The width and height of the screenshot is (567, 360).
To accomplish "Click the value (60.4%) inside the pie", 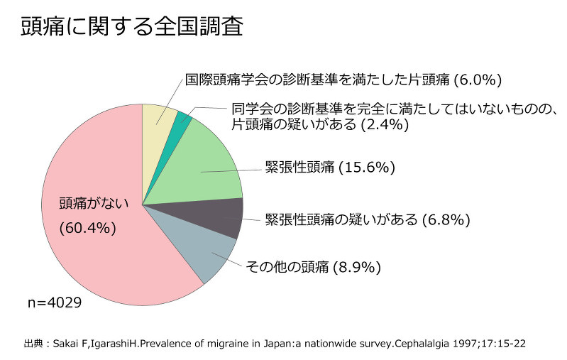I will pyautogui.click(x=87, y=228).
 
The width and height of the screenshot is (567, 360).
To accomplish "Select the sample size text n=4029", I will pyautogui.click(x=54, y=303).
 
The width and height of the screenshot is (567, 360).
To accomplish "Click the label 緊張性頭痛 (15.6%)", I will pyautogui.click(x=329, y=168).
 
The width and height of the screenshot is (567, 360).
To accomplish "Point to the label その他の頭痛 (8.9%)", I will pyautogui.click(x=313, y=268).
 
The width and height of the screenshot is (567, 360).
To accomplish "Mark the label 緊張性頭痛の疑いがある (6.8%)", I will pyautogui.click(x=367, y=219).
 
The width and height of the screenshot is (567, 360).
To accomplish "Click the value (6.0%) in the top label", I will pyautogui.click(x=478, y=79).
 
